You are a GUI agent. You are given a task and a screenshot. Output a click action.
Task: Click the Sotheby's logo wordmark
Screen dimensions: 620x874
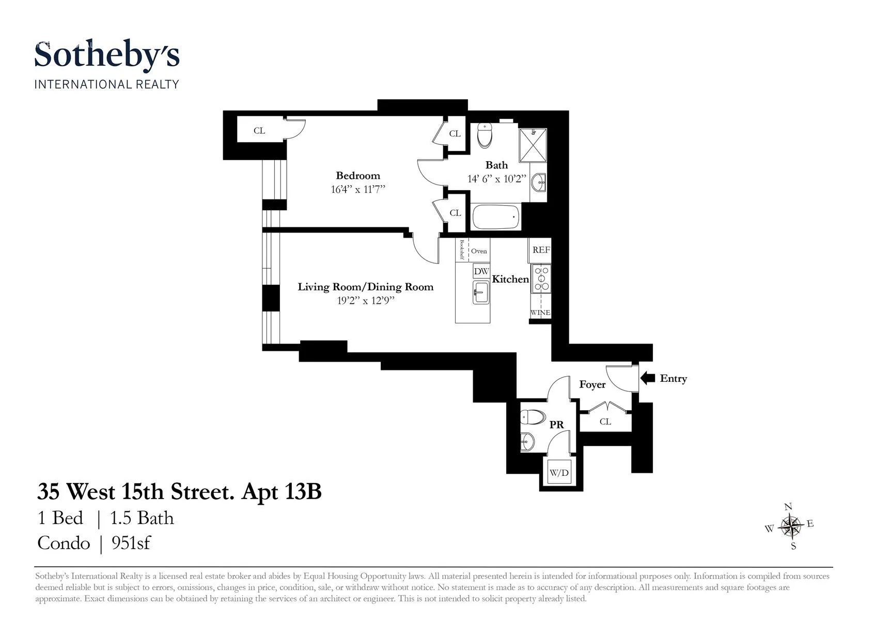(107, 56)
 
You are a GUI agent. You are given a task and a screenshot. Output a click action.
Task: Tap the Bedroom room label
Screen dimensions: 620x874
(358, 176)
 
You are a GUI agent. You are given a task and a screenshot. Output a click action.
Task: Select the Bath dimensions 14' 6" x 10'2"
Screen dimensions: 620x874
(496, 179)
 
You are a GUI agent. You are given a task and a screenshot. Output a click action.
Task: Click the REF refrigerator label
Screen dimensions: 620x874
(541, 250)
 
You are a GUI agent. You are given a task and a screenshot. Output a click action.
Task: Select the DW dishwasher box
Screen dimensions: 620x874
(481, 271)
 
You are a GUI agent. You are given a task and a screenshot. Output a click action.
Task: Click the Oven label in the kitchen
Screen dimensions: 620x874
(479, 251)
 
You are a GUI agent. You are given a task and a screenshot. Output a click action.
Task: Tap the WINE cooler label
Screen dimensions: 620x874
(540, 313)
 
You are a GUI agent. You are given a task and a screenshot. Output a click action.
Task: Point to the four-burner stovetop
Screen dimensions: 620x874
(541, 278)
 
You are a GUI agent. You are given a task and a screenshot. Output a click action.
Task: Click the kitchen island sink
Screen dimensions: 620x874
(480, 293)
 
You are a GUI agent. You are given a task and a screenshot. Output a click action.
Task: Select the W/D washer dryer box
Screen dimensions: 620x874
(559, 473)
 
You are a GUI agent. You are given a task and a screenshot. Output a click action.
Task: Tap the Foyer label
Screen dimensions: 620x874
(592, 384)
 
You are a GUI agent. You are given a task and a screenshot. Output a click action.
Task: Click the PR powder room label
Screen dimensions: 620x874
(556, 425)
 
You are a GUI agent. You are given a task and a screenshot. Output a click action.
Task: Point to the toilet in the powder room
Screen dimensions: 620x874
(533, 416)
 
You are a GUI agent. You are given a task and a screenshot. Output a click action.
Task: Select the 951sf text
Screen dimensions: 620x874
(131, 543)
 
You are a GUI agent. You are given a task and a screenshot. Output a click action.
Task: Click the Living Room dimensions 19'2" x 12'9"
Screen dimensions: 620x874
(366, 301)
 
